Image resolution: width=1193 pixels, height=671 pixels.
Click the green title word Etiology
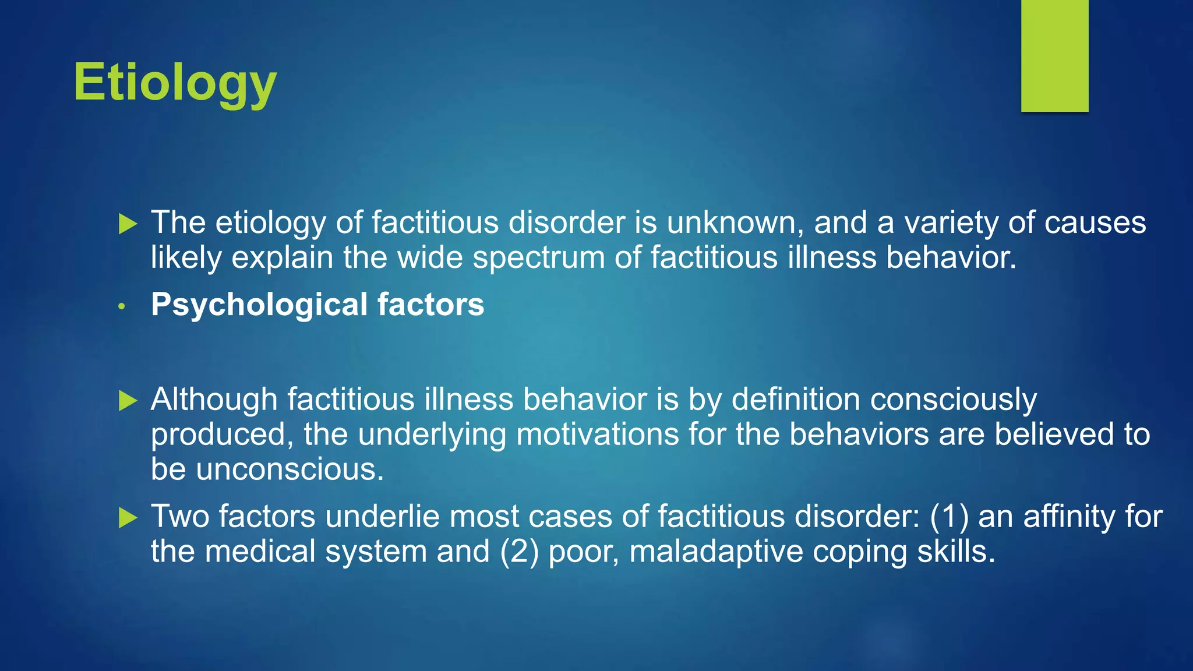pos(175,83)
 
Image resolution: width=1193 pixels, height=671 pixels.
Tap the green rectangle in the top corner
pos(1054,55)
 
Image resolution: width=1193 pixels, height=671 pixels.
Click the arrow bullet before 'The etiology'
pos(128,224)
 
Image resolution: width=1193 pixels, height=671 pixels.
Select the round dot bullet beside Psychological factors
pos(122,306)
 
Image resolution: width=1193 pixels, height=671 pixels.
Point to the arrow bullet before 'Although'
pos(128,401)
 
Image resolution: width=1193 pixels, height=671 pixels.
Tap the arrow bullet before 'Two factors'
pos(128,517)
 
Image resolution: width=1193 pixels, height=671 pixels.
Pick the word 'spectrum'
pos(539,258)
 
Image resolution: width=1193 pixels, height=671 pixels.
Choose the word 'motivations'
pos(598,435)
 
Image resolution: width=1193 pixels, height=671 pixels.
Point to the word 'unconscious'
pos(290,470)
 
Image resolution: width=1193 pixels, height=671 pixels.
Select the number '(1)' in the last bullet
pos(949,517)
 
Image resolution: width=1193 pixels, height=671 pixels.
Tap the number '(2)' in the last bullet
pos(519,552)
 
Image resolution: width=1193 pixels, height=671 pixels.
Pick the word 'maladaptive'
pos(716,552)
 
